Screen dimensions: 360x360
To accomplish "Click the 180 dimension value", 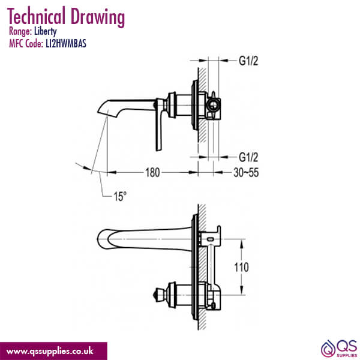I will click(x=152, y=173).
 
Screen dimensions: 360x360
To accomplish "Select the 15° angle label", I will click(x=119, y=196).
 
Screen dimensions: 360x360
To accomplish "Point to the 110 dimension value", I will click(x=256, y=266).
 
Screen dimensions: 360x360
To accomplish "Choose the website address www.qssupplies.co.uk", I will click(x=53, y=350).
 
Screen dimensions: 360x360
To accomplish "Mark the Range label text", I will click(x=21, y=31).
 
